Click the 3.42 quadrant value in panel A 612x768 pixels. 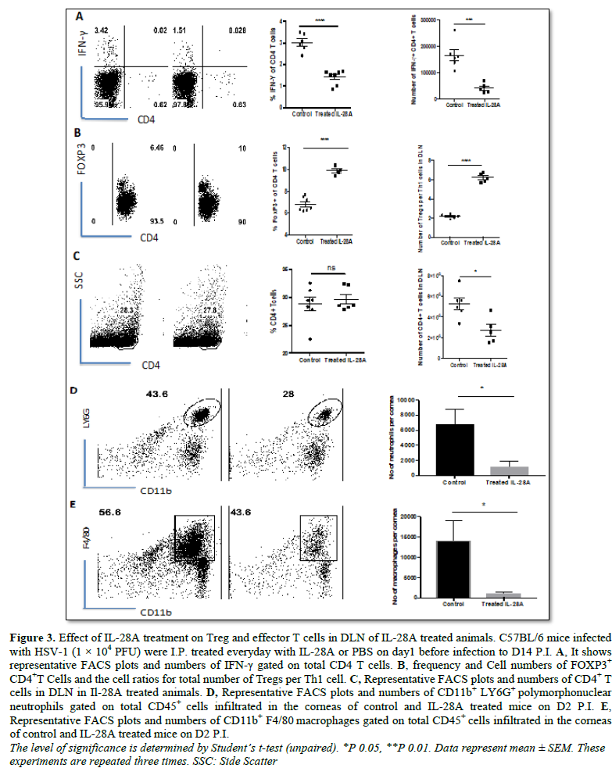[103, 30]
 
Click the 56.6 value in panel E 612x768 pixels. [113, 513]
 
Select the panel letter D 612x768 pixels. [73, 389]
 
